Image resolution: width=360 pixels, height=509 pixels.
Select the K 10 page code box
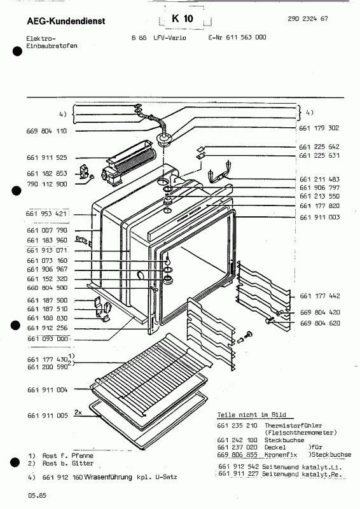tap(182, 19)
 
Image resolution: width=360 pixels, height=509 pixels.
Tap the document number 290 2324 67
tap(307, 20)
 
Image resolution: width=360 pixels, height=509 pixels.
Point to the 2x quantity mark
tap(78, 412)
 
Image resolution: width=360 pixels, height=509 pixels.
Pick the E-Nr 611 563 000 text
tap(237, 38)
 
